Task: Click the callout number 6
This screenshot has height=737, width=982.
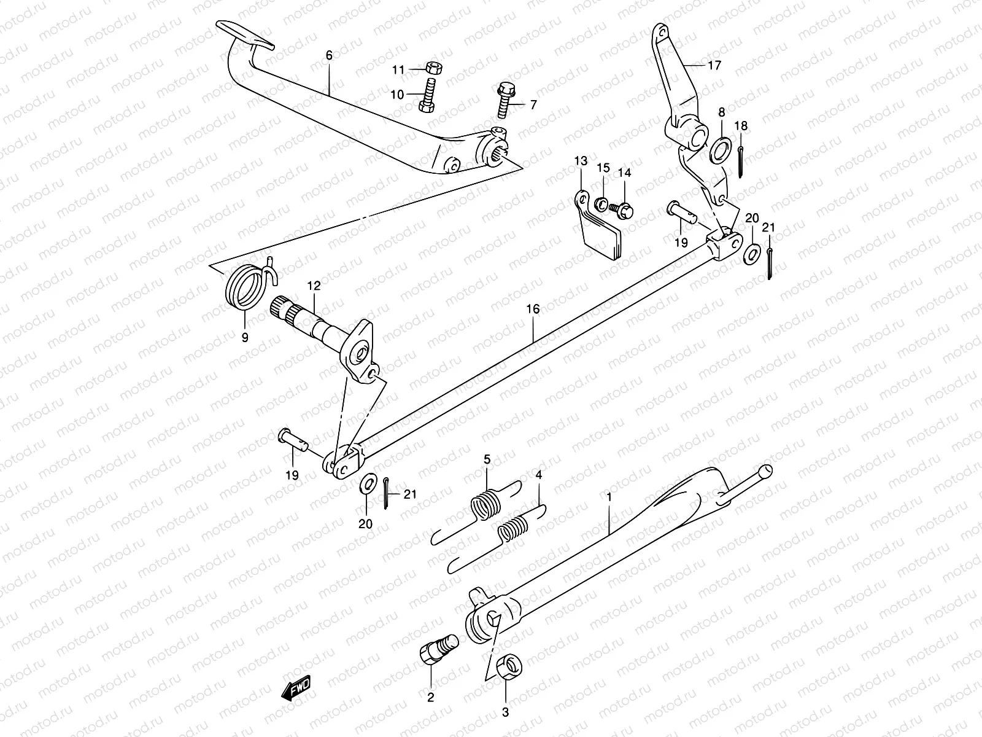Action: pos(329,55)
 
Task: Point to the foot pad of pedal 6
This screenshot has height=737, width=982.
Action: pos(245,33)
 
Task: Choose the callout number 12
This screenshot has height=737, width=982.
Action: pos(314,286)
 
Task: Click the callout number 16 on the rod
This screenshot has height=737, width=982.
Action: pos(533,309)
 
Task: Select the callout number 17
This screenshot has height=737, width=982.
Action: pos(714,65)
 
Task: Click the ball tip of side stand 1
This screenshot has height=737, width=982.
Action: pos(765,471)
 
